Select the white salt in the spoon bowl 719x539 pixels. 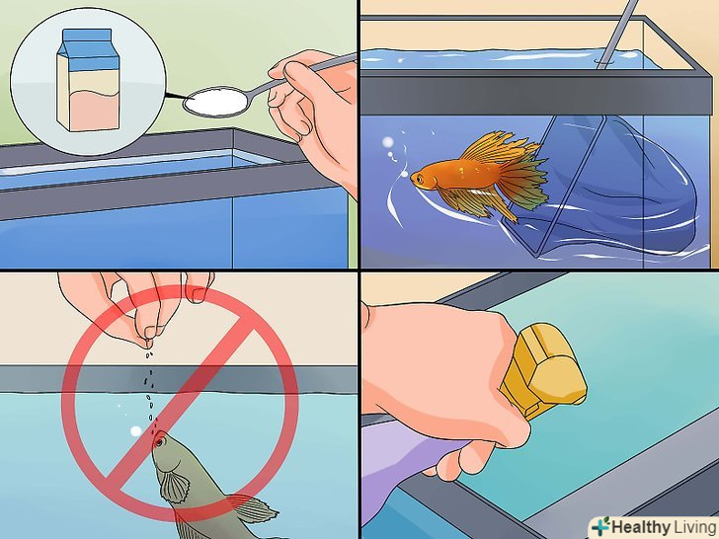(215, 101)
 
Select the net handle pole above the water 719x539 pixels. (616, 32)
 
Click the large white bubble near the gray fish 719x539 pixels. (135, 430)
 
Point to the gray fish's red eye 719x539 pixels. (159, 442)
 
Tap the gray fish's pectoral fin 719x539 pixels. (175, 485)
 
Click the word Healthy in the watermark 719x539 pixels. (640, 526)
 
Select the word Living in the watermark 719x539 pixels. (693, 526)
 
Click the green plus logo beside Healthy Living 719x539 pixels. (600, 525)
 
